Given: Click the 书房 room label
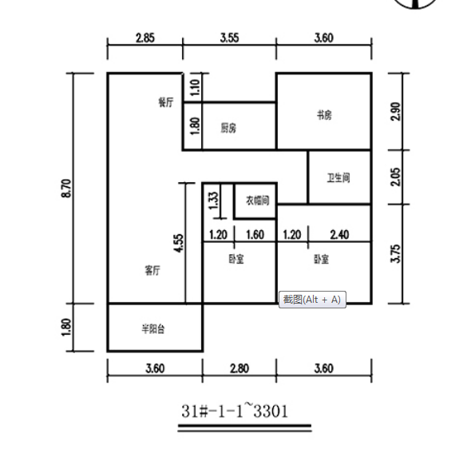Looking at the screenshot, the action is coord(324,115).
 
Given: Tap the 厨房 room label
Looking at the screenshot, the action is coord(228,128).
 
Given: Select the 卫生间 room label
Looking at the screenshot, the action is coord(338,177).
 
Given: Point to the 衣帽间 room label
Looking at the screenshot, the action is coord(258,201).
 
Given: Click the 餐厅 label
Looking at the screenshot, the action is coord(166,102).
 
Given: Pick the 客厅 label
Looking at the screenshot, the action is coord(152,270).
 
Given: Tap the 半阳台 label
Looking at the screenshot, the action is coord(153,328).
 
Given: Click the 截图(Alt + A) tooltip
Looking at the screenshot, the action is coord(312,300).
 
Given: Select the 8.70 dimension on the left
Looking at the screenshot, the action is coord(66,189).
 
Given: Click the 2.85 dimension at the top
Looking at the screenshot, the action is coord(145,38).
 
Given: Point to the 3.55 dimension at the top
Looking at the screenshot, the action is coord(229,38).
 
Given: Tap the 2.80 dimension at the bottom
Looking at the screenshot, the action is coord(239,368).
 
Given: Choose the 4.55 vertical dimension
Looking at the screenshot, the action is coord(179,243).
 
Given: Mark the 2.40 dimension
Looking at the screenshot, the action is coord(339,235).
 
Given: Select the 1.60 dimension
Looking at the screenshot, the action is coord(255,235).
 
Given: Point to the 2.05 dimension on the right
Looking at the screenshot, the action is coord(396,177).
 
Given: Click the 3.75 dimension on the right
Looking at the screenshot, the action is coord(396,253).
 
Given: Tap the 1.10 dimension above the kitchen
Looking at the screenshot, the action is coord(196,87).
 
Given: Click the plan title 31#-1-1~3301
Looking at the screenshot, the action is coord(235,411).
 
